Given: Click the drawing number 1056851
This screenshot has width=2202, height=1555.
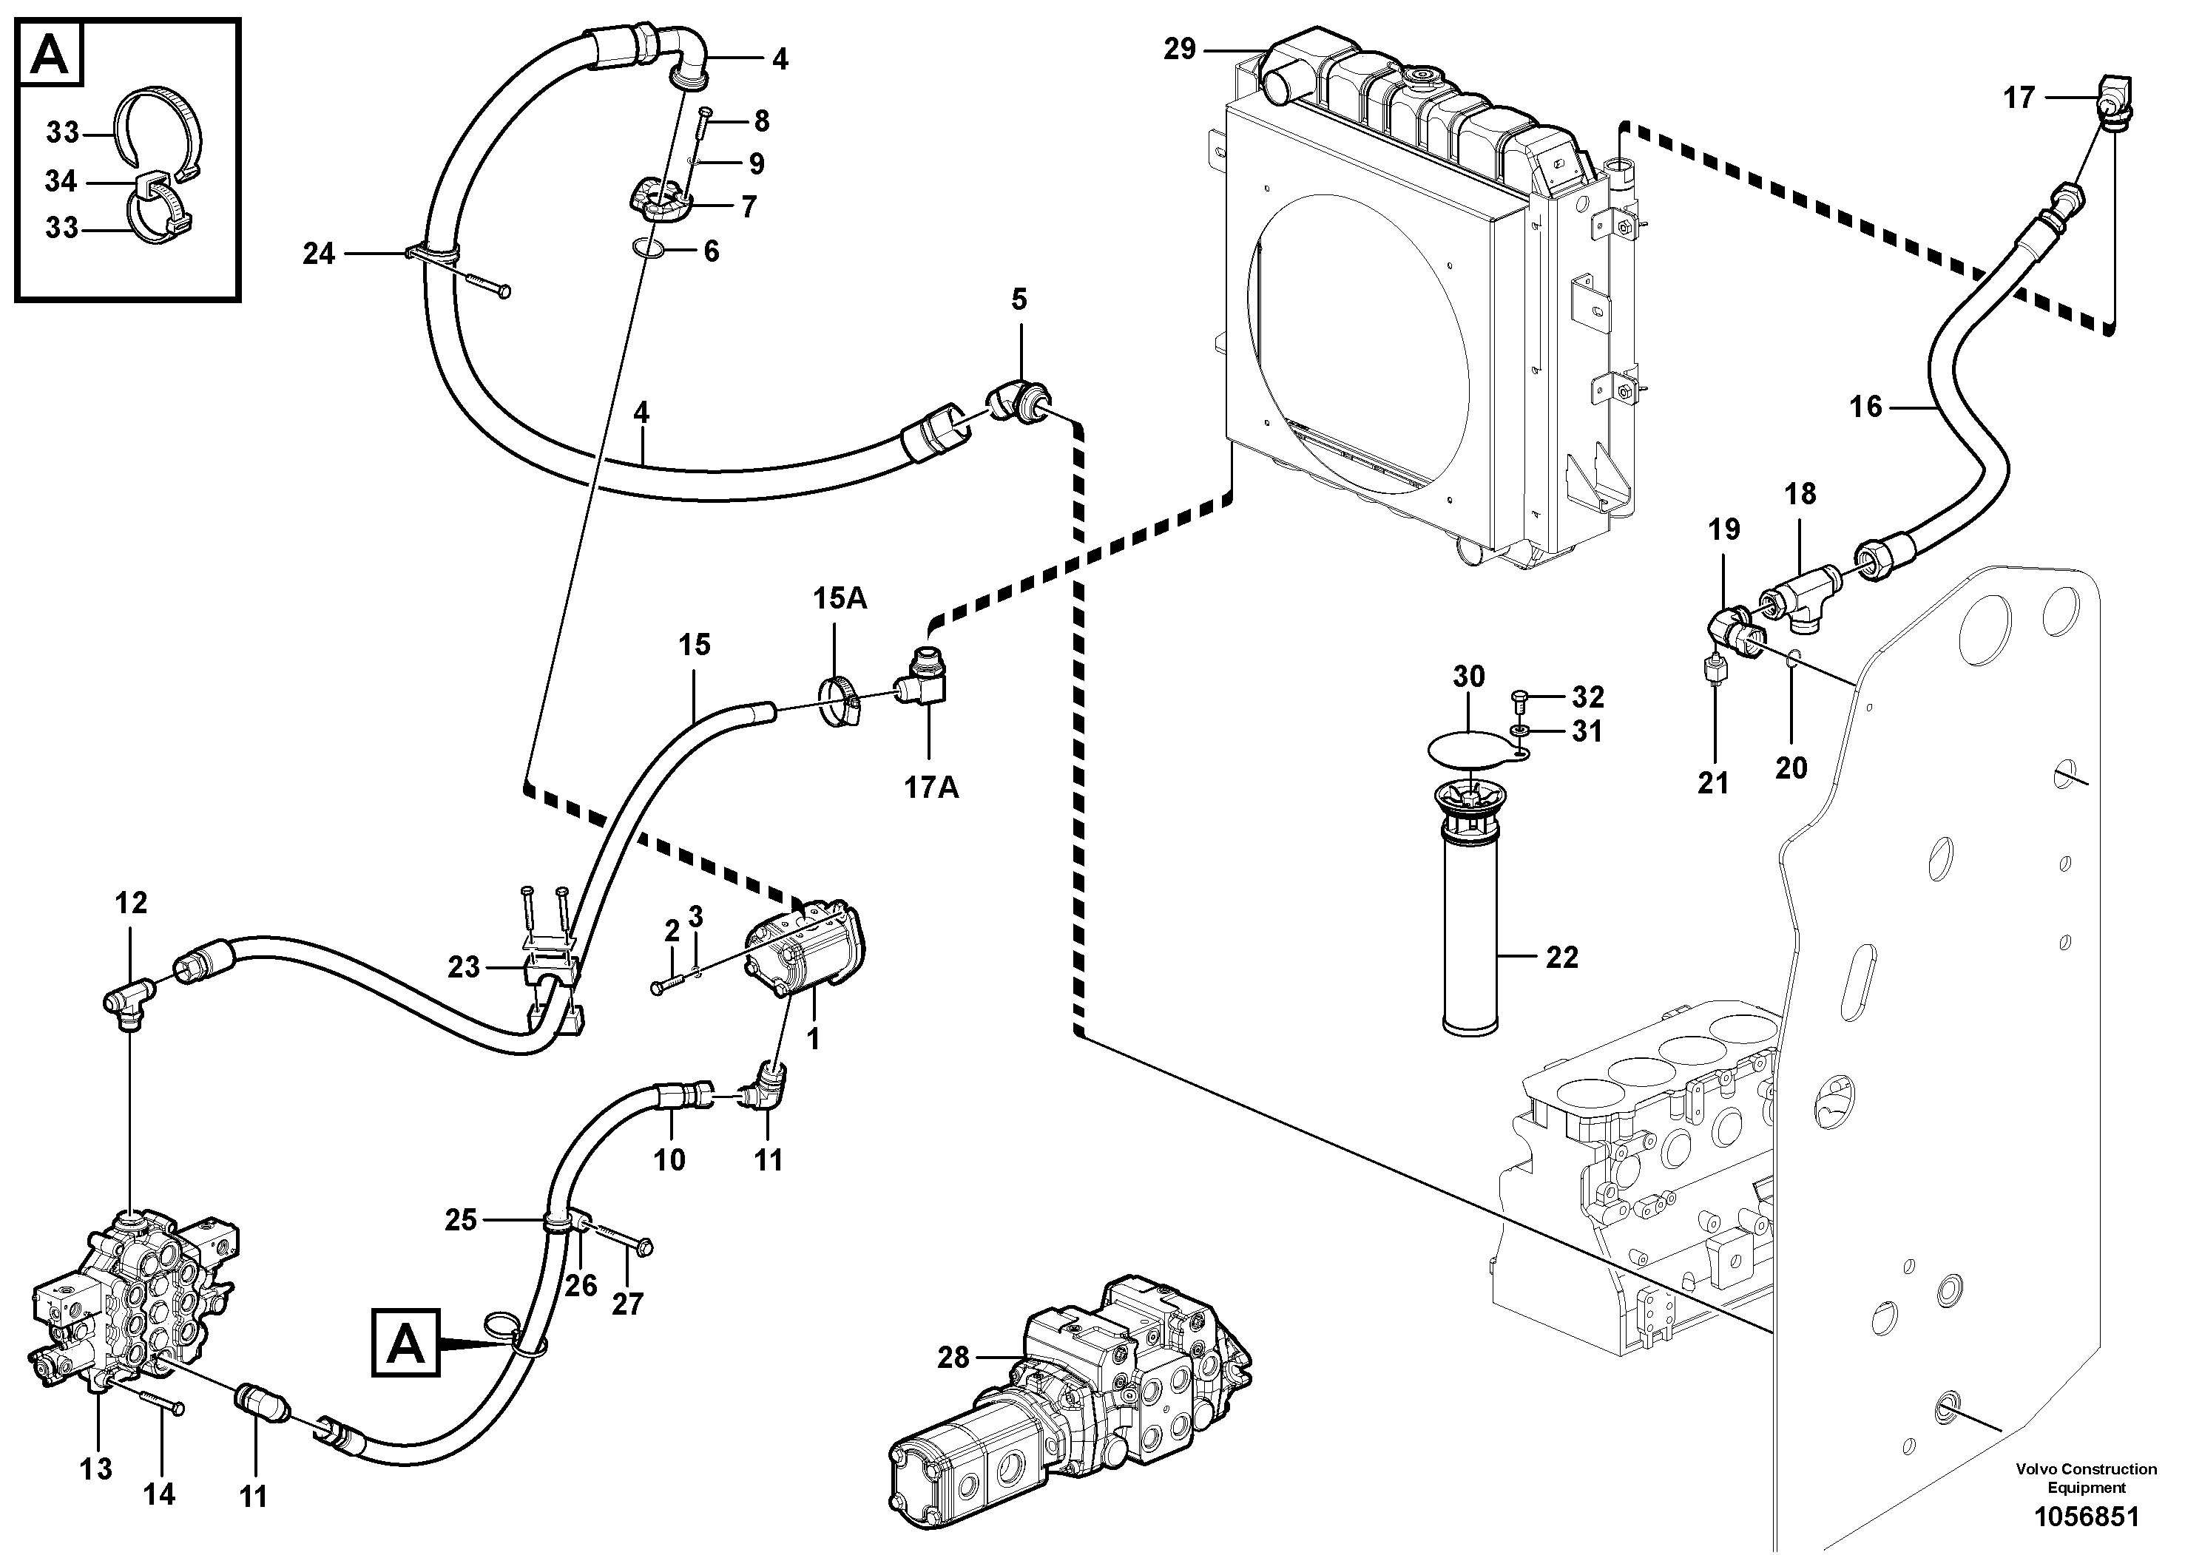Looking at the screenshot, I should tap(2086, 1517).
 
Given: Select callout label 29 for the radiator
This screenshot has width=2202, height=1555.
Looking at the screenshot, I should tap(1180, 49).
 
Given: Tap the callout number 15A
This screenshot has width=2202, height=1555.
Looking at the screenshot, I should tap(840, 599).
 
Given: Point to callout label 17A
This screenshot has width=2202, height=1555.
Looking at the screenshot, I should tap(931, 787).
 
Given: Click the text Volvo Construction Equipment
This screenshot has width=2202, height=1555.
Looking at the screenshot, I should tap(2086, 1477).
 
